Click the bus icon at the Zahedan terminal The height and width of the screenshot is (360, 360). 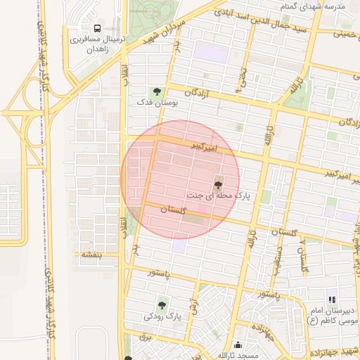(x=96, y=29)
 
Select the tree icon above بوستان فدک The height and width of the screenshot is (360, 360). (x=157, y=91)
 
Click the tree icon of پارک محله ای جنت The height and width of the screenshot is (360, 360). (x=219, y=181)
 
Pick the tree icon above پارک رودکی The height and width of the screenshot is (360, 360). (x=163, y=305)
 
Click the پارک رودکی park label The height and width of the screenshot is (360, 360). (x=163, y=316)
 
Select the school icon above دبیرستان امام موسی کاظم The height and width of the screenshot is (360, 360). (x=332, y=300)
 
